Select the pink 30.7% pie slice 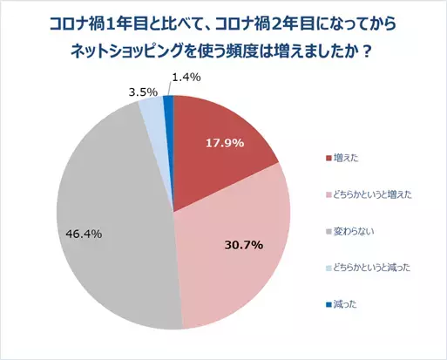(235, 253)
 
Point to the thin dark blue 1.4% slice (169, 105)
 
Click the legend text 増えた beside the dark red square (348, 158)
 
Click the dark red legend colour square (328, 158)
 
